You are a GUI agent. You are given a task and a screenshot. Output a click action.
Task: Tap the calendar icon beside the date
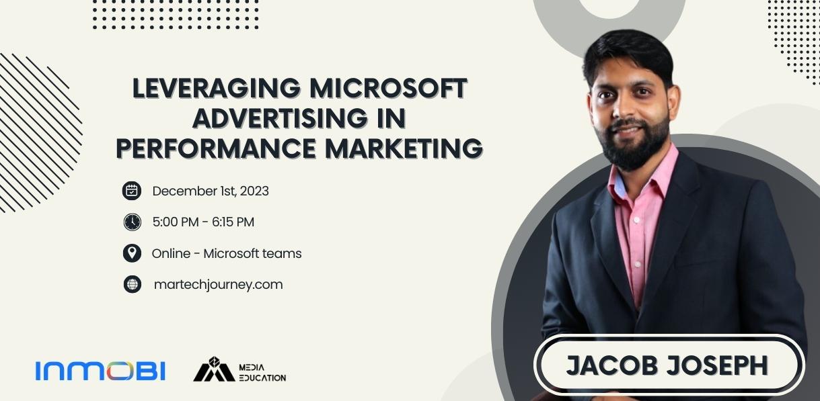click(x=132, y=191)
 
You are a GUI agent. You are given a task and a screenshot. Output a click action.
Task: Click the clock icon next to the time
click(x=132, y=222)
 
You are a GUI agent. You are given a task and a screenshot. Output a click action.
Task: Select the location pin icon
click(x=132, y=253)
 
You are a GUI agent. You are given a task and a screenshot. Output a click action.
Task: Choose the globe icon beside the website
click(x=132, y=284)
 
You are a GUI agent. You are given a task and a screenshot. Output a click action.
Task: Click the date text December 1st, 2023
click(x=211, y=191)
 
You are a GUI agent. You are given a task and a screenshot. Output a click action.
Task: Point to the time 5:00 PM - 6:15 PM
click(x=203, y=222)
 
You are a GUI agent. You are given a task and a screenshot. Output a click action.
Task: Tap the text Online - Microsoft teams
click(x=227, y=253)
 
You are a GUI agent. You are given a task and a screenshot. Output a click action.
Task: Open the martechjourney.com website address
click(x=218, y=284)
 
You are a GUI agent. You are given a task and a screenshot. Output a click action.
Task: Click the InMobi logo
click(x=100, y=371)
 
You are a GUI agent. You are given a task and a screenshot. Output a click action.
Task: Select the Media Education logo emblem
click(x=213, y=369)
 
